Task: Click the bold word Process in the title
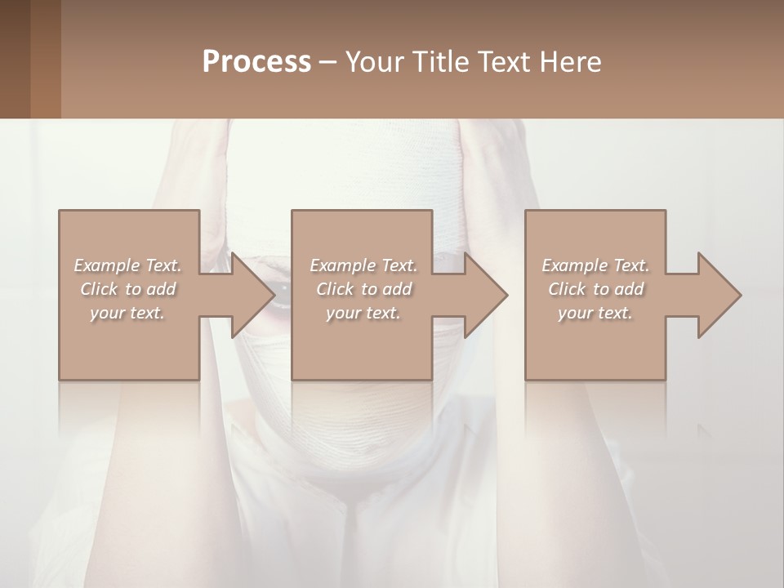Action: [256, 62]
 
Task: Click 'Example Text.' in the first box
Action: [127, 265]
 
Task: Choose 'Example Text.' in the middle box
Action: [363, 265]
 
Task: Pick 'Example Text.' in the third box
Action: [595, 265]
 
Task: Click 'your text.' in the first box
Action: [127, 313]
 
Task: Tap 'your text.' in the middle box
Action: [363, 313]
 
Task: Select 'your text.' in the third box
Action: [595, 313]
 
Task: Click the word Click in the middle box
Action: [335, 289]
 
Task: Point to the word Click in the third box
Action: [567, 289]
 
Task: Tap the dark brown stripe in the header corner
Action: [15, 59]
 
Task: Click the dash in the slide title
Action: [328, 62]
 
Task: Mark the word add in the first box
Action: [162, 289]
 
